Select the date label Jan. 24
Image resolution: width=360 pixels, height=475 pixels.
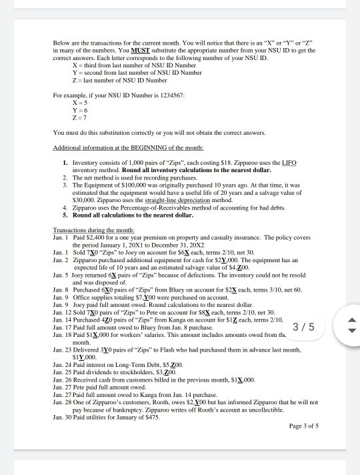point(62,375)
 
